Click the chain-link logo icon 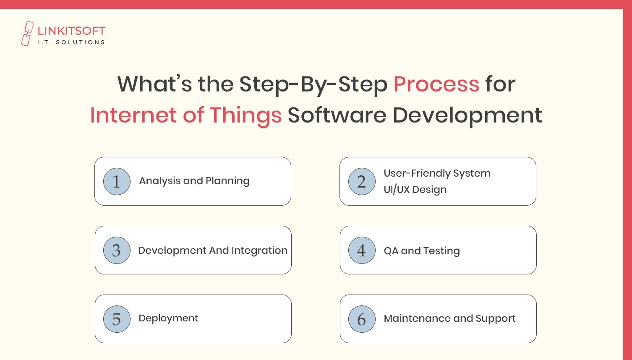click(x=27, y=34)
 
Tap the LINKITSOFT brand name click(x=71, y=31)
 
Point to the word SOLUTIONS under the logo click(x=80, y=42)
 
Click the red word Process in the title click(x=436, y=84)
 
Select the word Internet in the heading click(x=133, y=115)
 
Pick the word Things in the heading click(x=245, y=116)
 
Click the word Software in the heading click(x=337, y=115)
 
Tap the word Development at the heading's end click(x=467, y=116)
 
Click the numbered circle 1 click(x=117, y=181)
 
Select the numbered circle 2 click(x=362, y=181)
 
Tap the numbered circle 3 click(x=117, y=250)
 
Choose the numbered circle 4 click(x=362, y=250)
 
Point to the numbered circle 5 click(x=117, y=319)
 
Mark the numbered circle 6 click(x=362, y=319)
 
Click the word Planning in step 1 click(x=227, y=181)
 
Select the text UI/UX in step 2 click(x=397, y=189)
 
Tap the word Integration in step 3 click(x=259, y=251)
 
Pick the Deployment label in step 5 click(x=168, y=318)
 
